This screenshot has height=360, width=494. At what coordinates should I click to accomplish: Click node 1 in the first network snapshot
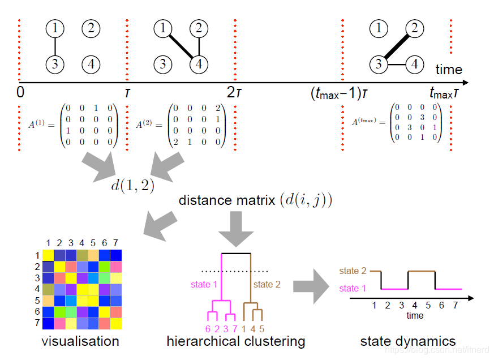pyautogui.click(x=55, y=27)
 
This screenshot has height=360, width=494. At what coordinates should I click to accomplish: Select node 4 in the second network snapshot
pyautogui.click(x=198, y=64)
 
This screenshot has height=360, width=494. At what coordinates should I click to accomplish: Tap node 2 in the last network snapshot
pyautogui.click(x=415, y=27)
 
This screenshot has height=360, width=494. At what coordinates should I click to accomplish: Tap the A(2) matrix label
pyautogui.click(x=145, y=125)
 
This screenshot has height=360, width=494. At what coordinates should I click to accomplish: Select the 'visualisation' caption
pyautogui.click(x=80, y=341)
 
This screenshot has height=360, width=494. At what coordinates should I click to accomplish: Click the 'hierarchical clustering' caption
pyautogui.click(x=236, y=341)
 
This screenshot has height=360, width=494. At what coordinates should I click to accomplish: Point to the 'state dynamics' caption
pyautogui.click(x=407, y=341)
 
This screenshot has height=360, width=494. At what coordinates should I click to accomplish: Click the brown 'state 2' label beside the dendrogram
pyautogui.click(x=267, y=284)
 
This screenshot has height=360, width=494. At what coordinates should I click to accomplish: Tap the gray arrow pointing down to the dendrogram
pyautogui.click(x=236, y=228)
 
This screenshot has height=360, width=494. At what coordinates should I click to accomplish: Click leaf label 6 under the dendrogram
pyautogui.click(x=207, y=329)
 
